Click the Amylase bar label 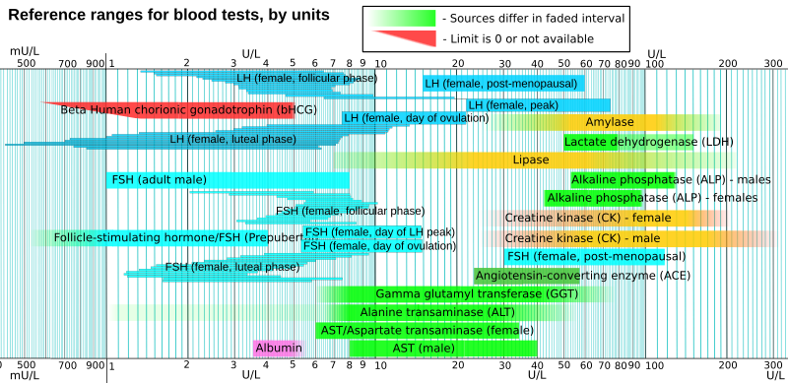click(610, 122)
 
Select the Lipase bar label click(531, 160)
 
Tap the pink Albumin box click(279, 349)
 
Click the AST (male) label click(424, 349)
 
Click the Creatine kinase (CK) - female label click(587, 218)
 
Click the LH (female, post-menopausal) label click(500, 84)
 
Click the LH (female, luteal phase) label click(232, 140)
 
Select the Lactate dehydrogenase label click(647, 142)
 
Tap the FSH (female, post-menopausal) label click(595, 257)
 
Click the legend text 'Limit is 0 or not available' click(517, 38)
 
